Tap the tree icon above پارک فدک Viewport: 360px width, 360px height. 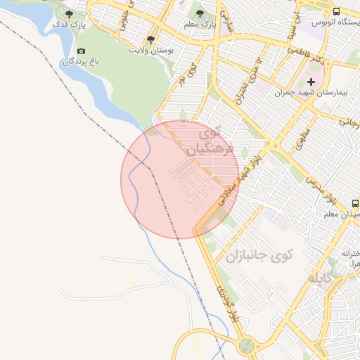click(x=69, y=14)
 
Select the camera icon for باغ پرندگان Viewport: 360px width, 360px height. click(x=82, y=51)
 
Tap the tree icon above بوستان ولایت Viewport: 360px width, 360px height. click(x=150, y=39)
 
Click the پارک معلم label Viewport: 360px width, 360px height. click(x=199, y=24)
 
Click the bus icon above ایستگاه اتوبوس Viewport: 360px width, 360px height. click(x=336, y=11)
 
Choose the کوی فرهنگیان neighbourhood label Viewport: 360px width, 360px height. click(x=204, y=141)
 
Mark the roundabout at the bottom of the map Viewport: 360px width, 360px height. click(x=246, y=345)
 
